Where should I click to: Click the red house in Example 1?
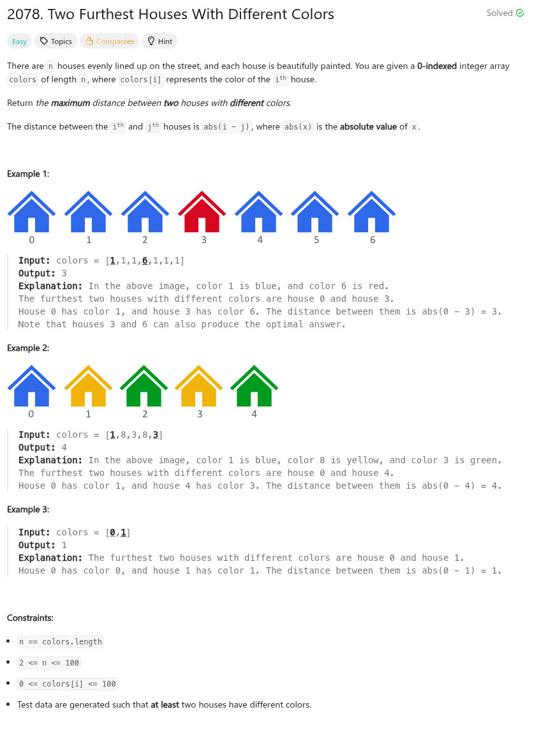(202, 212)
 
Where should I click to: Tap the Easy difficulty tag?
(20, 41)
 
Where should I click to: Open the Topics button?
(56, 41)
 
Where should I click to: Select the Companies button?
(109, 41)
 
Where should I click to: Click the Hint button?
(159, 41)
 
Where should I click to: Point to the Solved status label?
(505, 13)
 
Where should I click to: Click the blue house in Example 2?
(31, 387)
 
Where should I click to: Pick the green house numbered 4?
(254, 387)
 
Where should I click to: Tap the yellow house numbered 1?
(88, 387)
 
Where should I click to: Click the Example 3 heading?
(28, 509)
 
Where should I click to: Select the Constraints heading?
(31, 618)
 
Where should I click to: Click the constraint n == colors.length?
(61, 642)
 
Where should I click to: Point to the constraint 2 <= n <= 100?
(49, 663)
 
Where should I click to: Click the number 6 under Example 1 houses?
(373, 241)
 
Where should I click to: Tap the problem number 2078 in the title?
(22, 14)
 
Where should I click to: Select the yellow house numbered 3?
(199, 387)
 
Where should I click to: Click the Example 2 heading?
(28, 348)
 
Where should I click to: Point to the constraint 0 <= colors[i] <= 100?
(68, 684)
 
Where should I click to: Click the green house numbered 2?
(144, 387)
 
